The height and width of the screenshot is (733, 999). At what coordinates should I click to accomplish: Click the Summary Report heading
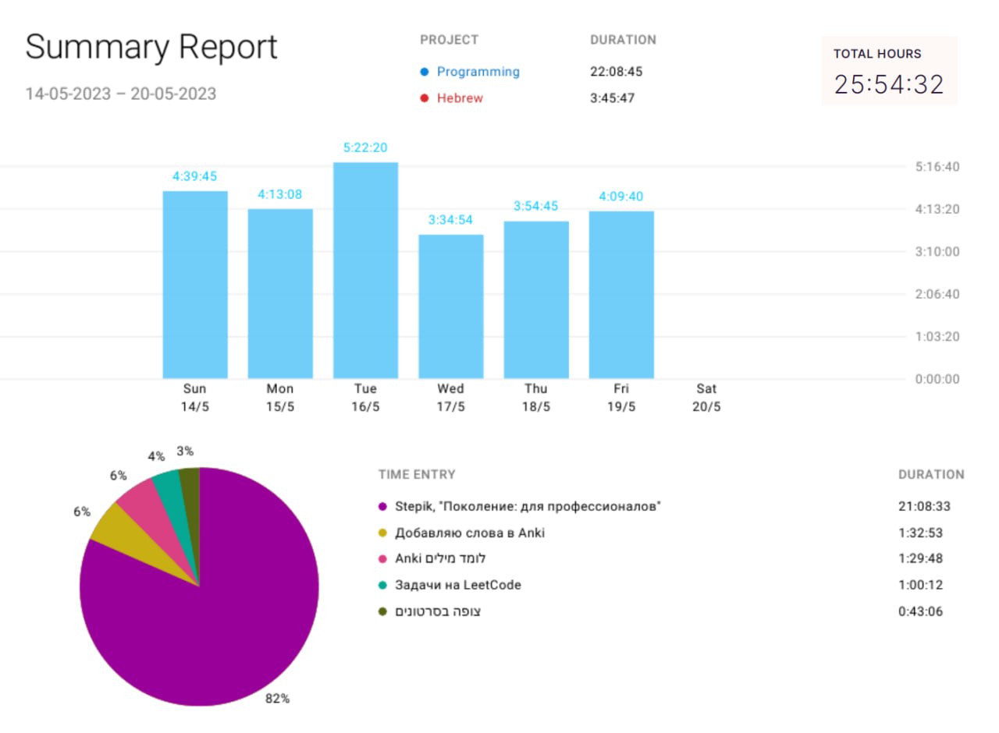151,48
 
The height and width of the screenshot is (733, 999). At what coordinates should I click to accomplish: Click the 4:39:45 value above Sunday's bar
194,176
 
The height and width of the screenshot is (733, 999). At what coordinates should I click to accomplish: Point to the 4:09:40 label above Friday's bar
621,197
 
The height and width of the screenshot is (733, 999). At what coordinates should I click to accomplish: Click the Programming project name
478,72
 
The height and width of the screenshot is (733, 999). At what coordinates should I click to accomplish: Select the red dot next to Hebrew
425,98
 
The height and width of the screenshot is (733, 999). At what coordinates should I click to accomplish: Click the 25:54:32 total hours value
889,84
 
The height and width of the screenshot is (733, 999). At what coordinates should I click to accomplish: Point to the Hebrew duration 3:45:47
612,98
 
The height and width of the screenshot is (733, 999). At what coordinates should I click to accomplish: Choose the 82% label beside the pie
277,699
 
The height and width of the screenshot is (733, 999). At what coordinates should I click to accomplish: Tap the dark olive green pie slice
190,491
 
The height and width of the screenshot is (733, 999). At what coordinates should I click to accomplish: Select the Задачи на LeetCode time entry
457,585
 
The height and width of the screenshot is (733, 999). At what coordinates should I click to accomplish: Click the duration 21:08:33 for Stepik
924,506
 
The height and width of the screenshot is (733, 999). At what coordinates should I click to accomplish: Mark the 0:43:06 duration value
920,611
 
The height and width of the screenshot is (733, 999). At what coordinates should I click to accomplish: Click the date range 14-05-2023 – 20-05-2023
120,94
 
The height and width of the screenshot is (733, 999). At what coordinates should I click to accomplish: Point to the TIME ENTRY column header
417,474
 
